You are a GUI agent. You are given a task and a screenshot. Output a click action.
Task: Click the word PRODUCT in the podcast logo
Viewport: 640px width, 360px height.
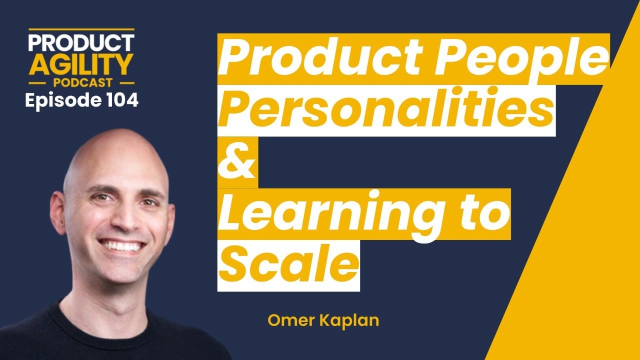pyautogui.click(x=81, y=43)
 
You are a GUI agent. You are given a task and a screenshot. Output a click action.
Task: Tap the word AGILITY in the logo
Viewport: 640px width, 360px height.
pyautogui.click(x=81, y=63)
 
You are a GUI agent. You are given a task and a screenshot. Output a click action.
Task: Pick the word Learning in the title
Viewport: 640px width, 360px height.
pyautogui.click(x=325, y=214)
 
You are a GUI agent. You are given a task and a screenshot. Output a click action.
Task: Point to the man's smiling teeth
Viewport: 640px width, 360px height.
pyautogui.click(x=122, y=246)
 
